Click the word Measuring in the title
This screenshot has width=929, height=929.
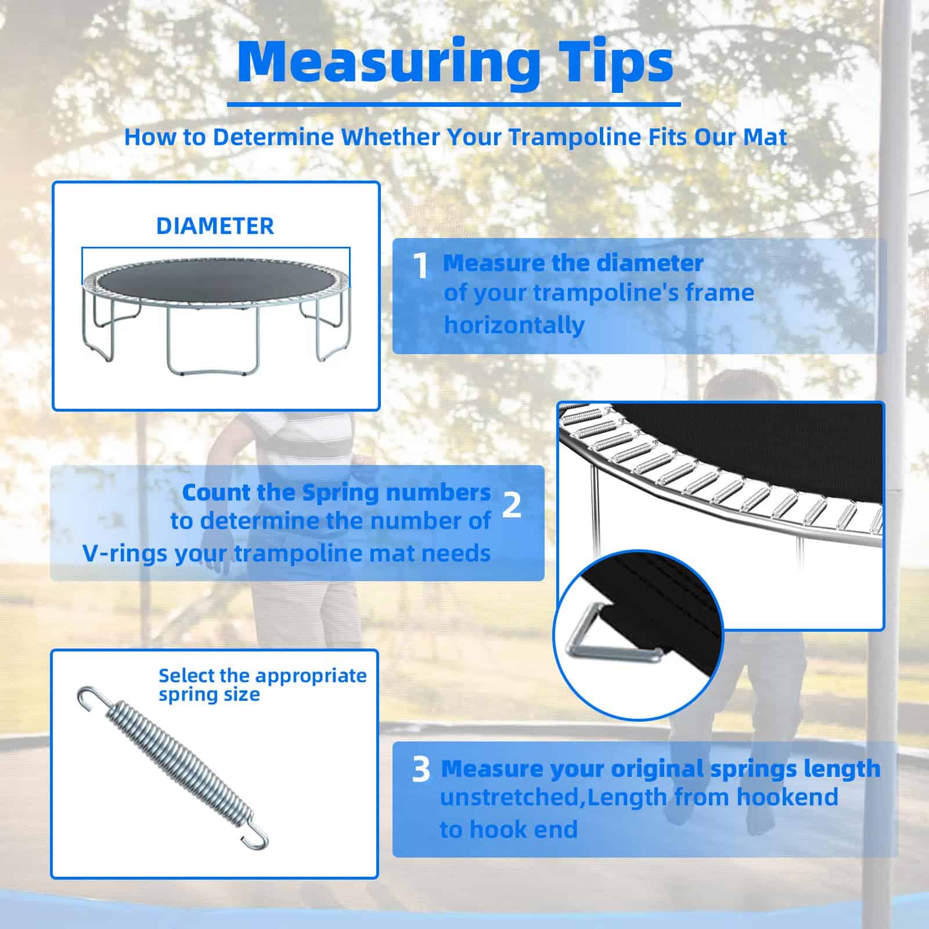click(388, 63)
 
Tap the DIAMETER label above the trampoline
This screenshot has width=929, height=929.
click(215, 226)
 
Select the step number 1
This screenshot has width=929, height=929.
click(420, 265)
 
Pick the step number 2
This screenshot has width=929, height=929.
click(512, 505)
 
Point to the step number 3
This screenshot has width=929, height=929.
click(421, 770)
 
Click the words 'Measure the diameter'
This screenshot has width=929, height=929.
click(573, 263)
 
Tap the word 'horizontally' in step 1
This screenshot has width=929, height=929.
click(514, 325)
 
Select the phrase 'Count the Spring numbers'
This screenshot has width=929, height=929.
click(336, 493)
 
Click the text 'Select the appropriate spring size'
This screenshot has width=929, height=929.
click(262, 685)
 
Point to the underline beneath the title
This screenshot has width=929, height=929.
click(453, 105)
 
